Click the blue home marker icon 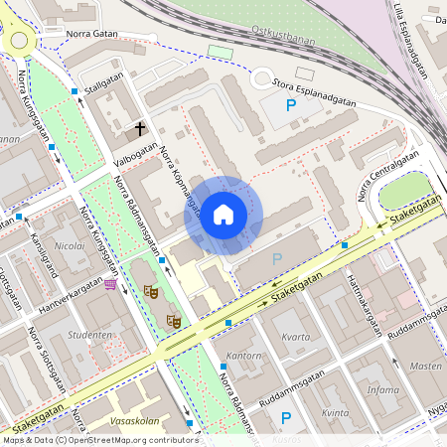(x=223, y=215)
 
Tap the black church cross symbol (x=140, y=129)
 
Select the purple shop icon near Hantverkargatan (x=109, y=284)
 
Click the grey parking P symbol (x=277, y=258)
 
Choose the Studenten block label (x=88, y=336)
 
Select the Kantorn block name (x=244, y=355)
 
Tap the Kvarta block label (x=296, y=337)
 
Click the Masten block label (x=426, y=366)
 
